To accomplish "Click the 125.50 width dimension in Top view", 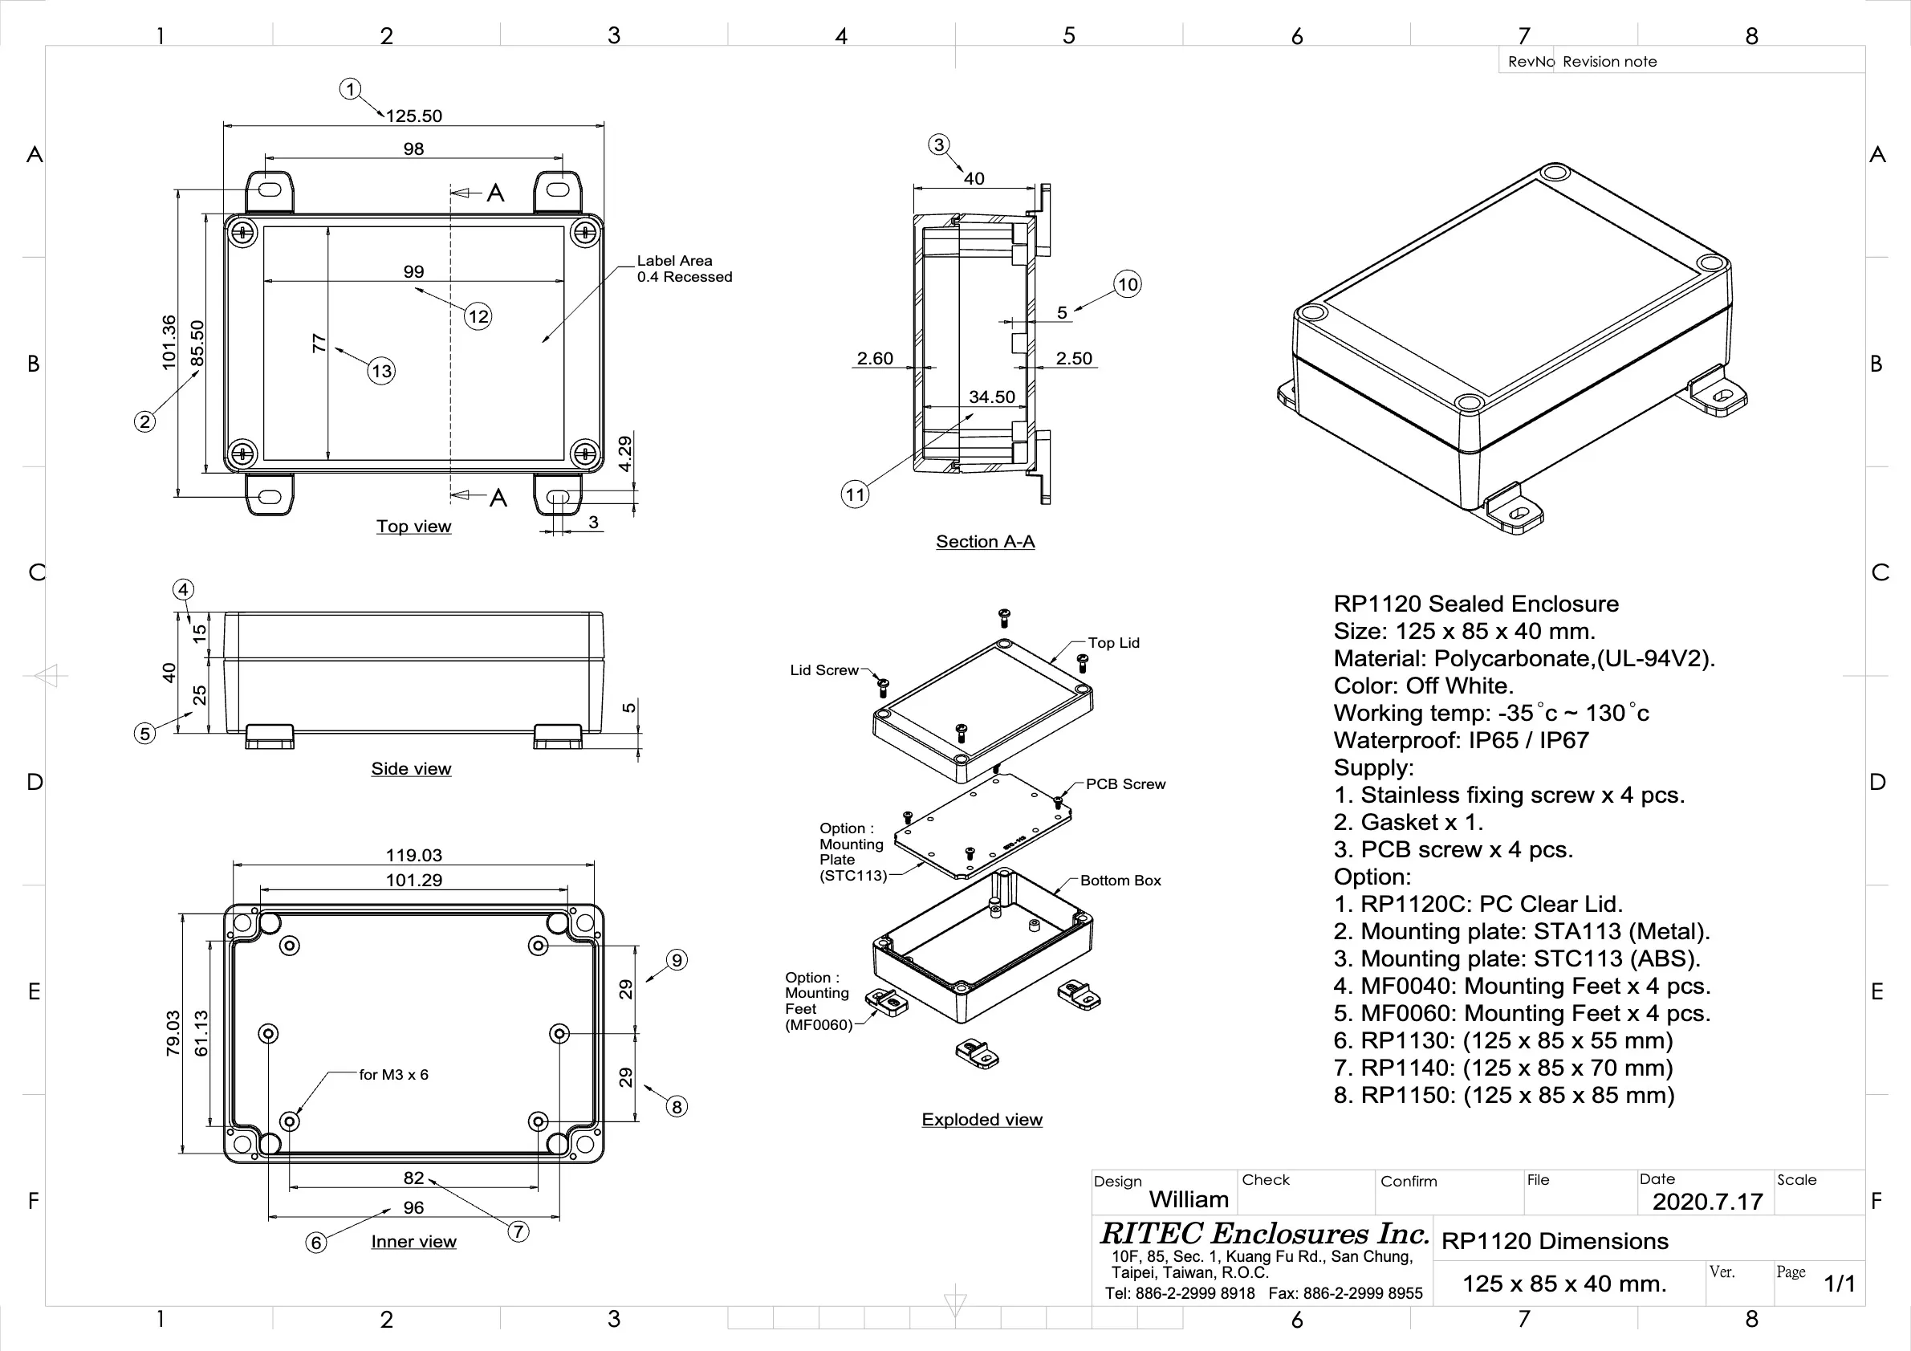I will click(x=413, y=116).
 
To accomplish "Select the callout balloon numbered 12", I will click(x=478, y=316).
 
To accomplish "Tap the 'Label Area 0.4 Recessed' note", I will click(x=684, y=269).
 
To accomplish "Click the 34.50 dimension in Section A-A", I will click(x=991, y=397).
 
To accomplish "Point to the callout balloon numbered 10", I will click(x=1127, y=285).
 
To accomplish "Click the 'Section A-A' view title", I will click(x=985, y=542).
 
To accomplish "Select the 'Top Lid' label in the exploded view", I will click(x=1114, y=643).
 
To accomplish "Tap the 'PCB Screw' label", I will click(x=1125, y=784).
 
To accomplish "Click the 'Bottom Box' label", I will click(x=1120, y=881).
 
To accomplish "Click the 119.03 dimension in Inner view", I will click(x=413, y=855).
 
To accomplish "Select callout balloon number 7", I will click(x=518, y=1231).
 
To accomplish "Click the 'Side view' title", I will click(x=411, y=769).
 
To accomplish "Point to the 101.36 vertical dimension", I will click(x=169, y=342).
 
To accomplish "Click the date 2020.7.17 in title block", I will click(x=1707, y=1202).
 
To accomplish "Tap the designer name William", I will click(x=1189, y=1199).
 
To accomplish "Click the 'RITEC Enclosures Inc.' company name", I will click(x=1263, y=1233).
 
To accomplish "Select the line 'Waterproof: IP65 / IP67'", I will click(x=1461, y=740).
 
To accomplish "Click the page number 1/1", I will click(x=1840, y=1284).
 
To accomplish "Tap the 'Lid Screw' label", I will click(x=824, y=670).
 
